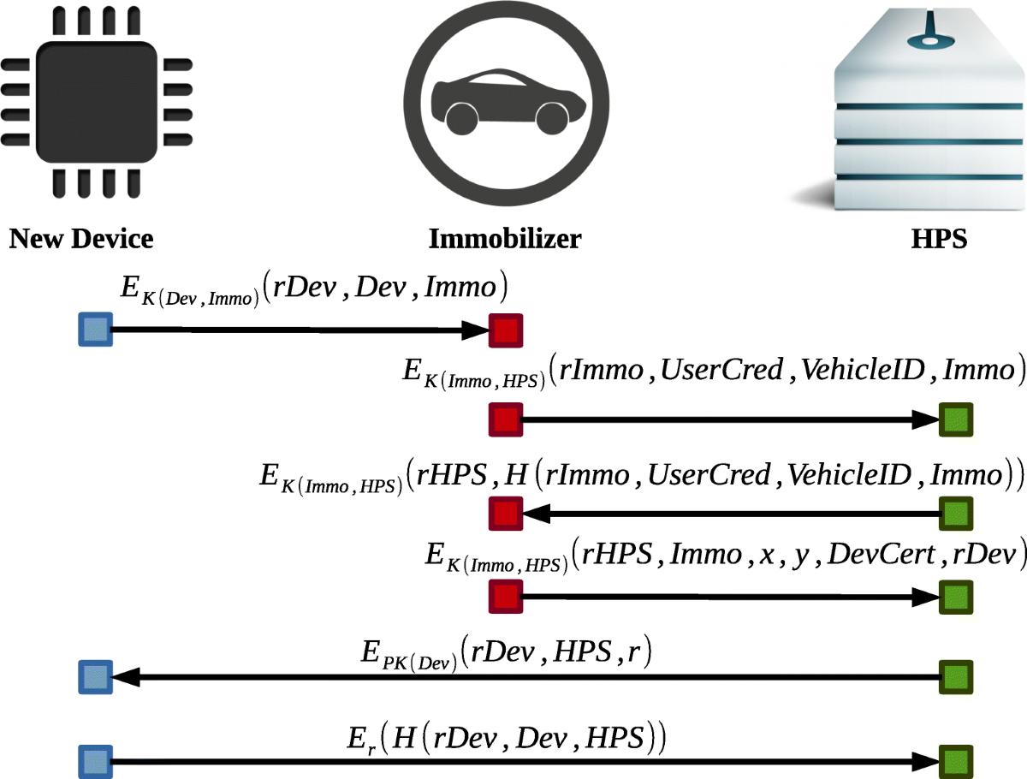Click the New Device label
[x=81, y=238]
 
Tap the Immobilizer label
[x=505, y=238]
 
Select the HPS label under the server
[x=939, y=238]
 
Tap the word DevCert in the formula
[x=930, y=555]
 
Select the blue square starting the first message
[x=95, y=330]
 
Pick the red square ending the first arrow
[x=505, y=330]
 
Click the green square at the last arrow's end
[x=955, y=760]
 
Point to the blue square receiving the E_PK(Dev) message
[x=95, y=677]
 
